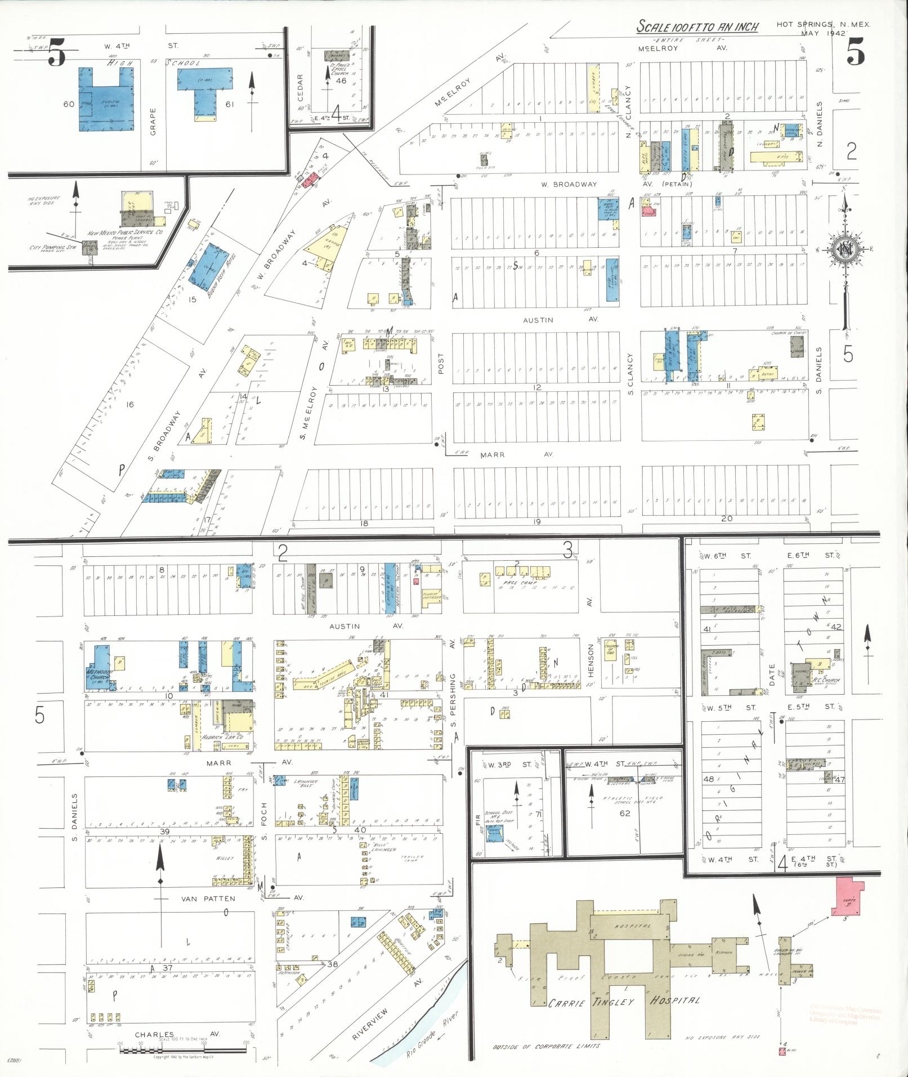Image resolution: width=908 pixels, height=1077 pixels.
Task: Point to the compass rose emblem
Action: coord(845,248)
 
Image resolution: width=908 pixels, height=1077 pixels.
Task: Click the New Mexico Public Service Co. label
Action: coord(125,233)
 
